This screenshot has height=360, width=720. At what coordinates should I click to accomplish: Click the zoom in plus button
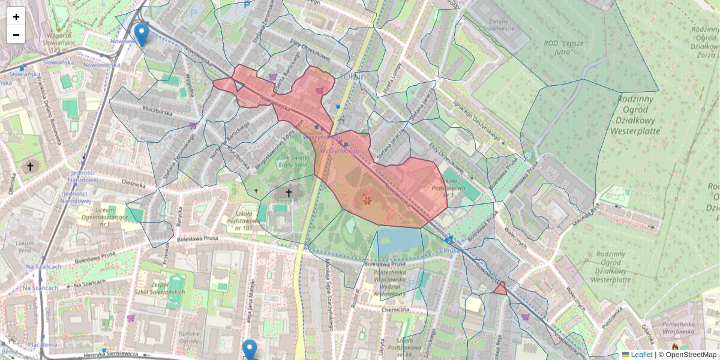[x=16, y=16]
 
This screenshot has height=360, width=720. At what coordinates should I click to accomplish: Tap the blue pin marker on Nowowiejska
[x=141, y=34]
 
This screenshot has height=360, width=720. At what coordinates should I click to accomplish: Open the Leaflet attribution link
[x=641, y=355]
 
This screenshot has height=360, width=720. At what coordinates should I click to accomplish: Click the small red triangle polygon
[x=499, y=290]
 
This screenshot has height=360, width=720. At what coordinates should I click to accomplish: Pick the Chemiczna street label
[x=395, y=310]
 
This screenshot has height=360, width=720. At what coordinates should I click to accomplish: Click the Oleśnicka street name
[x=133, y=183]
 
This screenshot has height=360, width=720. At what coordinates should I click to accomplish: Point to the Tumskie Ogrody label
[x=188, y=337]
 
